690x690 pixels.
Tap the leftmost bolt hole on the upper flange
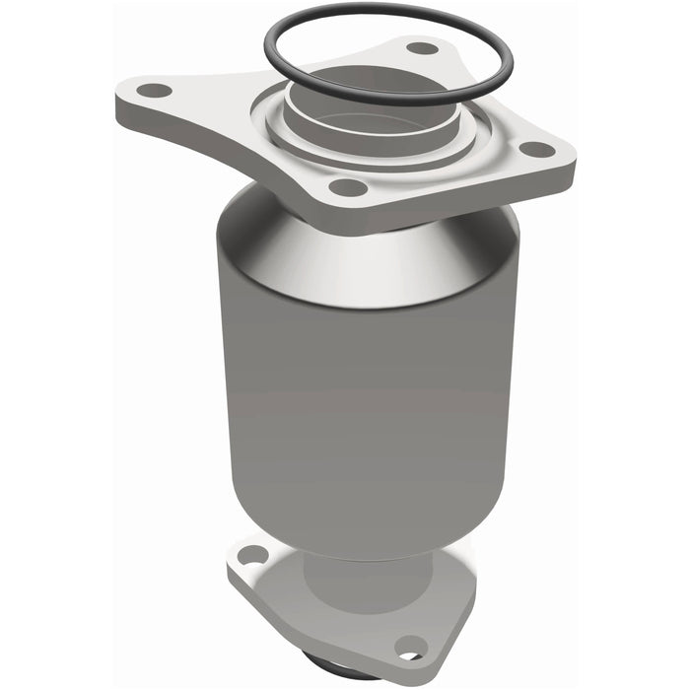(x=153, y=91)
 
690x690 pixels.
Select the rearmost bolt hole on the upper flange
(x=422, y=47)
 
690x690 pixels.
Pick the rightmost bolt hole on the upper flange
(x=537, y=150)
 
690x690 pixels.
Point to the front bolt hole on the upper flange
(x=347, y=187)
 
